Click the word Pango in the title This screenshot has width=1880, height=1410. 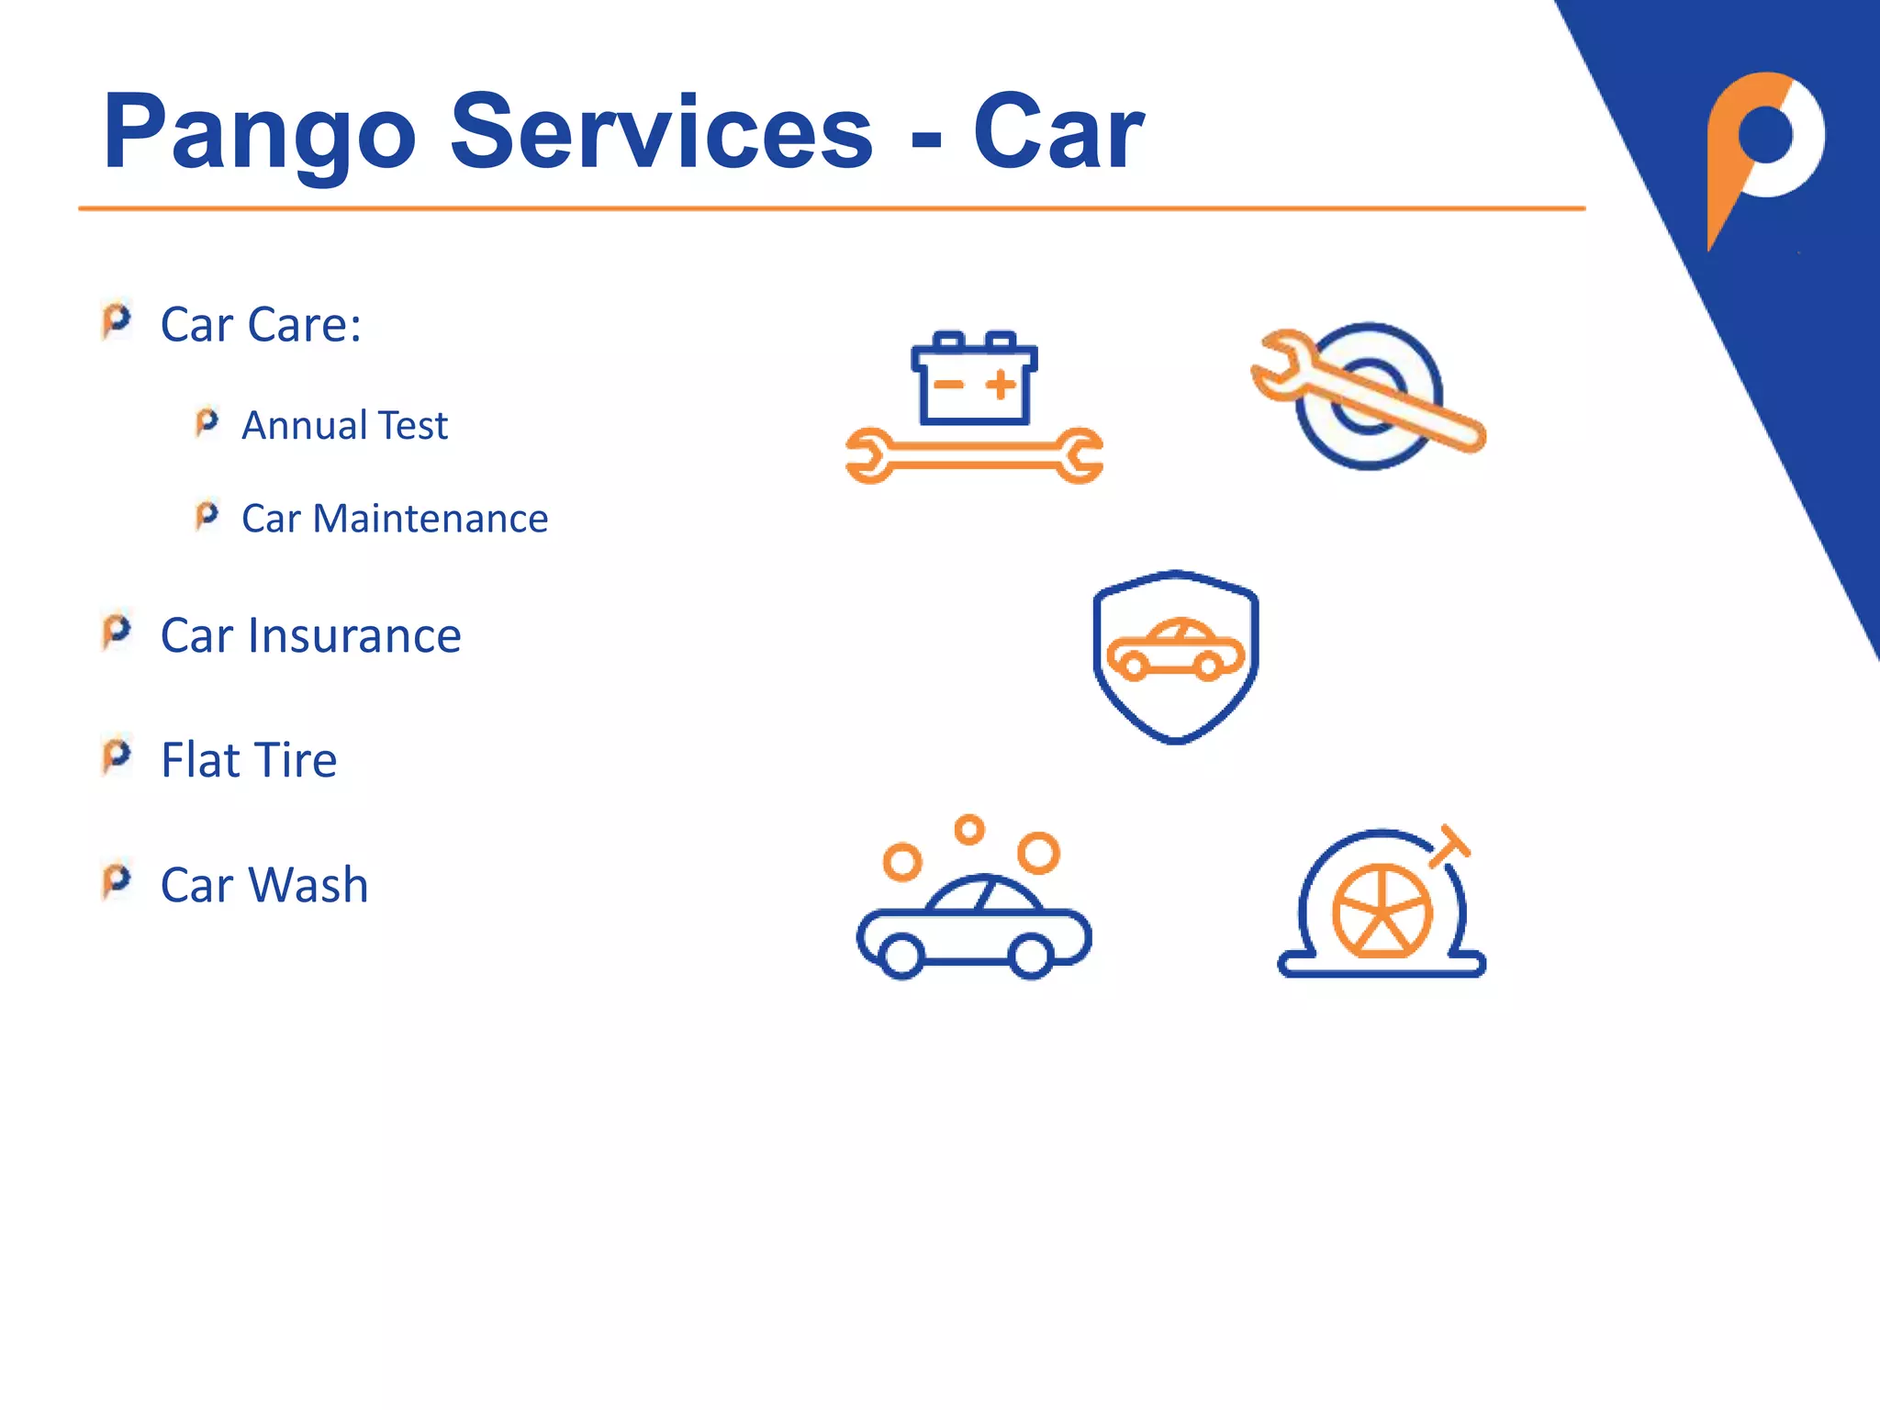coord(260,133)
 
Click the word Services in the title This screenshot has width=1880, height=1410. coord(661,133)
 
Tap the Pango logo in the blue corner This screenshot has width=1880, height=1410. coord(1762,147)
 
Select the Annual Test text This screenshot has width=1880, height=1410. coord(344,426)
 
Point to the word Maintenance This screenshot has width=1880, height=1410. coord(431,519)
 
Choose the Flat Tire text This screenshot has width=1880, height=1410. coord(249,760)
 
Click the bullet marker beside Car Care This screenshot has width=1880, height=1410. coord(117,320)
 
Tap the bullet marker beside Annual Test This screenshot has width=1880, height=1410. coord(207,422)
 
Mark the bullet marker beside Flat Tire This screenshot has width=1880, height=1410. coord(117,756)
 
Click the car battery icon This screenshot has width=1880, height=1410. coord(974,379)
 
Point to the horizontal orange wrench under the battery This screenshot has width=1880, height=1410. coord(974,455)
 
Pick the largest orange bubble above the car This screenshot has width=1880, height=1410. coord(1038,852)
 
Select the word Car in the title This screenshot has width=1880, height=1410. coord(1057,133)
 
